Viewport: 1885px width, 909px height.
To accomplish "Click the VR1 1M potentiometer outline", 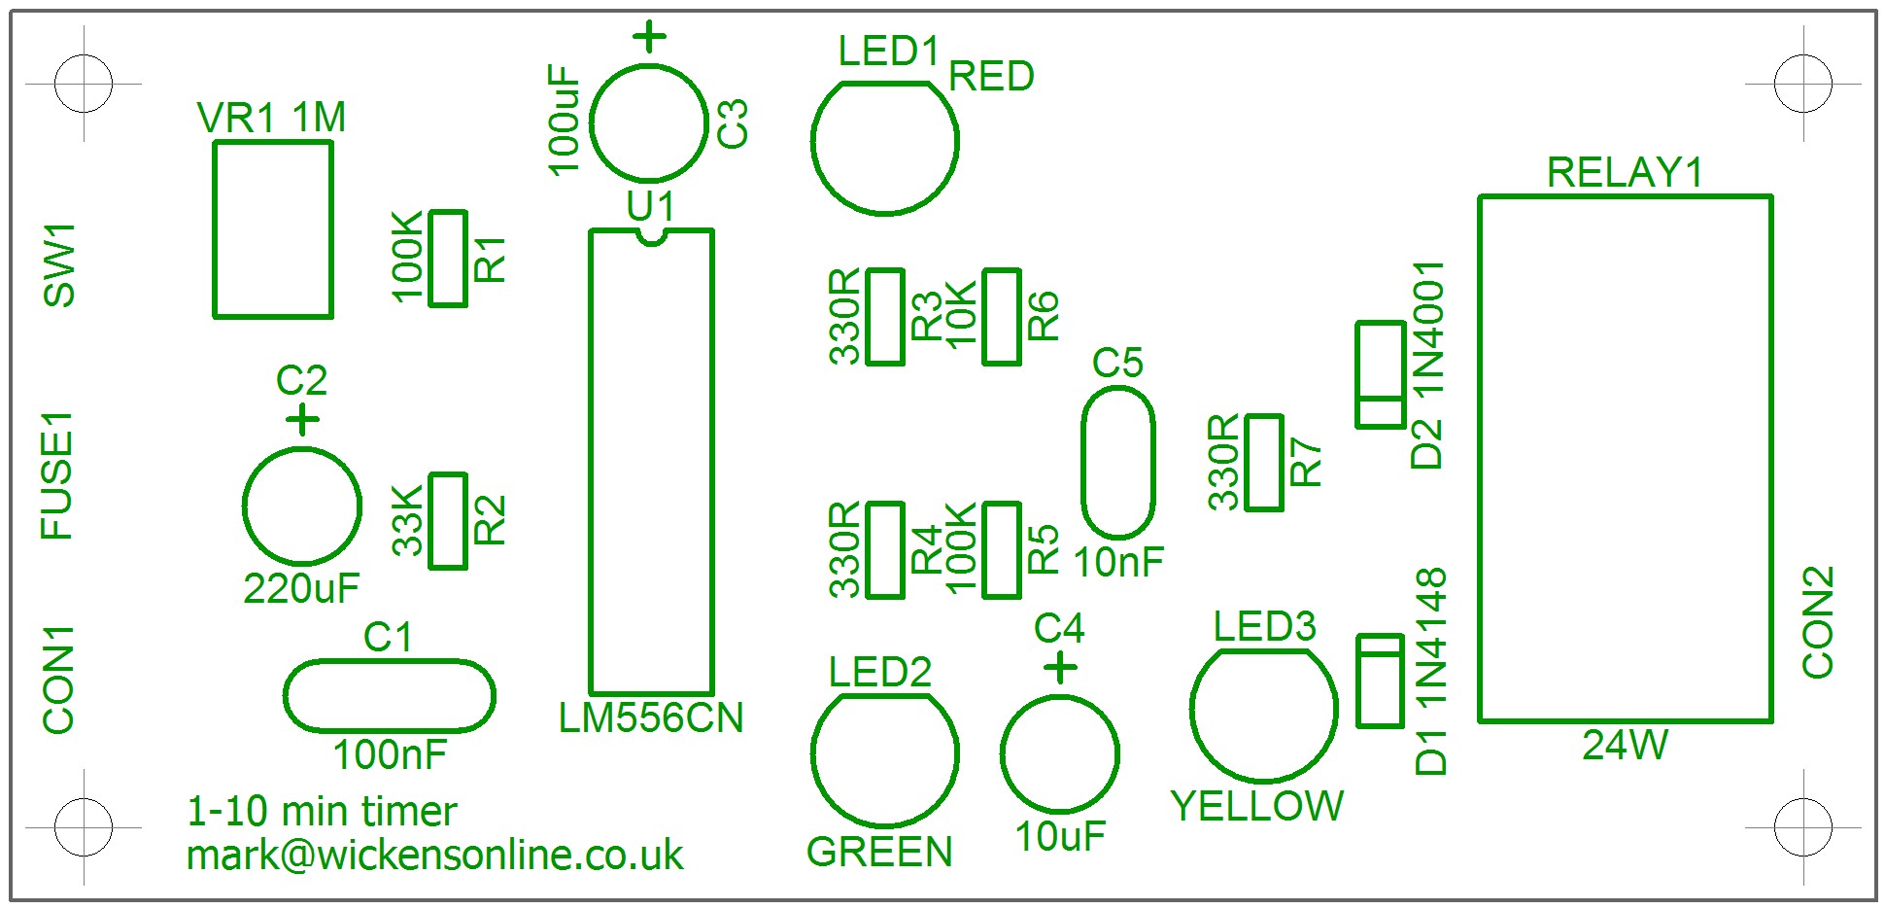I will [x=273, y=229].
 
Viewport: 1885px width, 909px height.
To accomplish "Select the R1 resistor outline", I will [x=448, y=259].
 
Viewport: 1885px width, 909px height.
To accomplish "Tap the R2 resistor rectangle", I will [x=448, y=521].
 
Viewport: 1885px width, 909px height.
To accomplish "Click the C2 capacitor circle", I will [x=302, y=506].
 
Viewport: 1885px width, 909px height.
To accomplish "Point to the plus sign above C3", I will [x=650, y=39].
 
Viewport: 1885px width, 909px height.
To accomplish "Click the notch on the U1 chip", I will [x=651, y=235].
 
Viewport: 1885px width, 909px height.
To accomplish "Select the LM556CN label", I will [x=651, y=718].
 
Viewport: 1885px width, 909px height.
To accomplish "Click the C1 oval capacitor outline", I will [x=390, y=696].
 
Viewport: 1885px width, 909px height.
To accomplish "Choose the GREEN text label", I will [x=879, y=852].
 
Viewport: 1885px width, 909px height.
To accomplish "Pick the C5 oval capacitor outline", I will [x=1118, y=463].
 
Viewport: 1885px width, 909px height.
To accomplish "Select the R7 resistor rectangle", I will [x=1264, y=463].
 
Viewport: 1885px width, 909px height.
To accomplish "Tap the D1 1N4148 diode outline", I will [x=1380, y=681].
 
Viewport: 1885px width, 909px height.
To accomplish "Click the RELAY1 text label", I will [x=1625, y=173].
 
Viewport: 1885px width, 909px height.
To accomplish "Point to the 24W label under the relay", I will [x=1625, y=746].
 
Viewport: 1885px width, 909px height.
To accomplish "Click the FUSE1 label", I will [x=57, y=475].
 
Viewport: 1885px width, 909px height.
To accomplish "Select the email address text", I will [x=434, y=856].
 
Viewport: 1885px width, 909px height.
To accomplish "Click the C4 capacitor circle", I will [x=1060, y=753].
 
